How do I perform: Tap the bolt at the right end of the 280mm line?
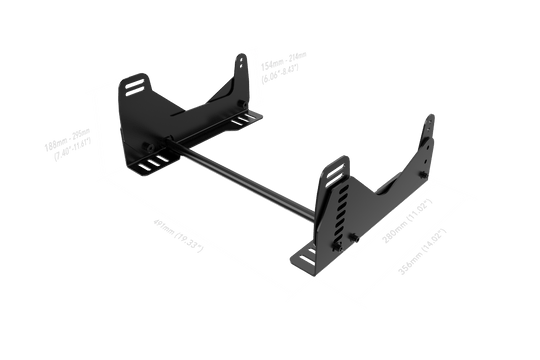tap(424, 182)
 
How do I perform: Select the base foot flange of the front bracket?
tap(305, 258)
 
